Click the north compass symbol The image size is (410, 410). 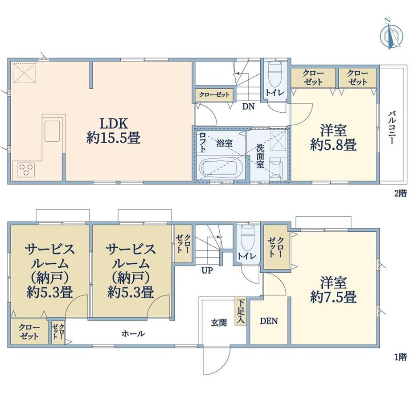[x=391, y=34]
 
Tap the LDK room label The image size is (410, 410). [x=114, y=123]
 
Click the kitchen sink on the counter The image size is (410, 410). [x=53, y=131]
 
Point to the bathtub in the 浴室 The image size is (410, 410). [x=221, y=169]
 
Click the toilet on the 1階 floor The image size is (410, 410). [x=247, y=238]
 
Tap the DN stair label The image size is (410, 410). [x=248, y=107]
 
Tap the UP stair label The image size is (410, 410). [x=207, y=270]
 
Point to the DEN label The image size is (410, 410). [x=269, y=321]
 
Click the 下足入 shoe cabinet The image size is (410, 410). [x=241, y=311]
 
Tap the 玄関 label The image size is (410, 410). [x=219, y=323]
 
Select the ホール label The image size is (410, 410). [x=133, y=333]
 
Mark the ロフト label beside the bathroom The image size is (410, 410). [x=202, y=142]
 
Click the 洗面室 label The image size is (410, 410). [x=260, y=156]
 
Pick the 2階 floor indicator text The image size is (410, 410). [x=401, y=193]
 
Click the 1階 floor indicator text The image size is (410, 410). [x=401, y=357]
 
